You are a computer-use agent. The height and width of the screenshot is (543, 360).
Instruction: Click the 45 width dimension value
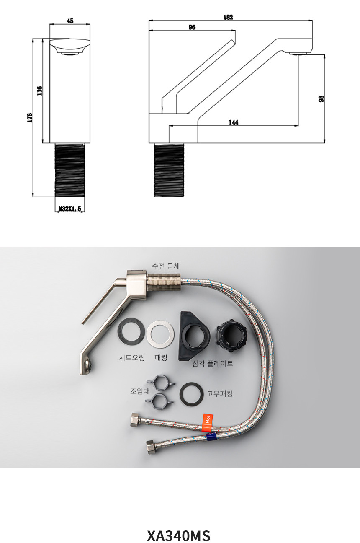tap(70, 21)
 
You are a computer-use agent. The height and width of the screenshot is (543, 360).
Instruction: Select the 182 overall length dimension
tap(228, 17)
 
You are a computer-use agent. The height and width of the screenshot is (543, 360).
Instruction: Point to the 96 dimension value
tap(192, 27)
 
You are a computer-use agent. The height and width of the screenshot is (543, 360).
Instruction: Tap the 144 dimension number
tap(234, 122)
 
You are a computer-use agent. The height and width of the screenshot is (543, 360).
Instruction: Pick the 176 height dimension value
tap(30, 117)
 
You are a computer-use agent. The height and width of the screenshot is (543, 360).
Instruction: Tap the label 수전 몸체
tap(166, 266)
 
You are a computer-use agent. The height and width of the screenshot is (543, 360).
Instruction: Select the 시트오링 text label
tap(132, 357)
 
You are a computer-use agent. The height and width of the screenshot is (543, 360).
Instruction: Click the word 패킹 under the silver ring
tap(161, 357)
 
